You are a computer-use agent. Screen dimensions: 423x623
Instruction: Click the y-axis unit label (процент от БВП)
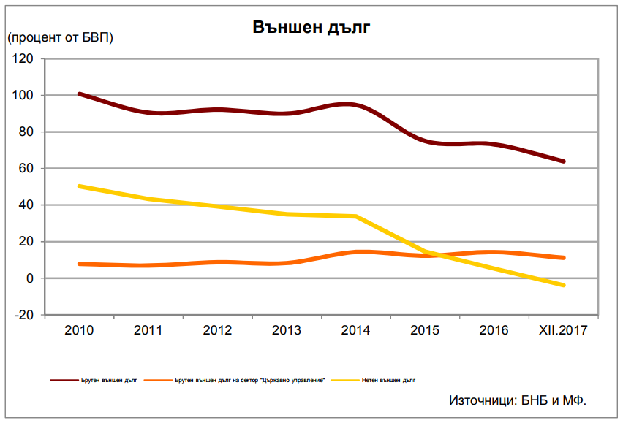61,37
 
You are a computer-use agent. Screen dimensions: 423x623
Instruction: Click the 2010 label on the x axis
79,330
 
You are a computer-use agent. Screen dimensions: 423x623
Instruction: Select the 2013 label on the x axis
287,330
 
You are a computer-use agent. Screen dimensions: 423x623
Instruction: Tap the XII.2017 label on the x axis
562,330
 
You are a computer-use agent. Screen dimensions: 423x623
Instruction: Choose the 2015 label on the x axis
425,330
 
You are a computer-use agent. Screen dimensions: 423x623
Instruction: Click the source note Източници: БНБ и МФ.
518,400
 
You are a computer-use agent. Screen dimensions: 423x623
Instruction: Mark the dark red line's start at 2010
79,94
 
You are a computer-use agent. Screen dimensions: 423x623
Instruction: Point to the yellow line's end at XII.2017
563,285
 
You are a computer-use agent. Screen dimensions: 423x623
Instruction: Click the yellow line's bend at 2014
356,217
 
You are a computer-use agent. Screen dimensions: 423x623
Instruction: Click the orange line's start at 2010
79,264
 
